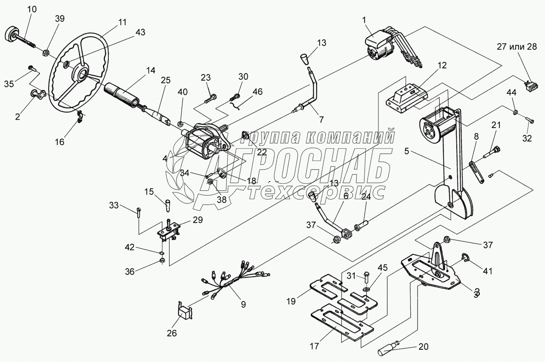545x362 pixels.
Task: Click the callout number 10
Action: [x=32, y=9]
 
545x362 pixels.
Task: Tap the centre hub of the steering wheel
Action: [x=83, y=73]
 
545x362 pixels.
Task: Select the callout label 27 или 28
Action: [x=517, y=47]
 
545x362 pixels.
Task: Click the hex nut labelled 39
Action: [x=46, y=52]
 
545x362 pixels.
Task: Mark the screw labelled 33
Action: [x=137, y=212]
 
